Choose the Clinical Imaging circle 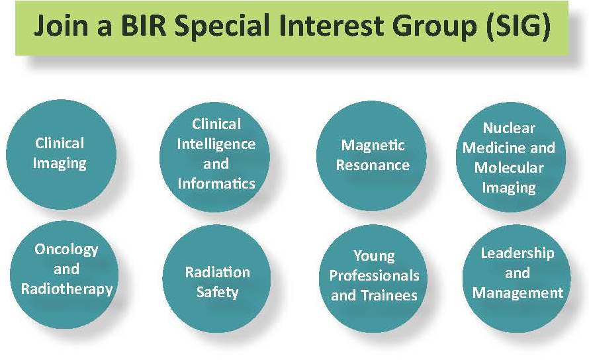coord(62,154)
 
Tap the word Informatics coord(216,183)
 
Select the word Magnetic coord(373,145)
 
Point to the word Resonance coord(373,165)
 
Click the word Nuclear coord(509,128)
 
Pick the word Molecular coord(509,167)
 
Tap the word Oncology coord(66,249)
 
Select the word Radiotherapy coord(67,289)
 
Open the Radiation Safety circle coord(217,279)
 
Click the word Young coord(374,256)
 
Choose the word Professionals coord(374,275)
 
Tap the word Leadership coord(518,253)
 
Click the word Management coord(518,292)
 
